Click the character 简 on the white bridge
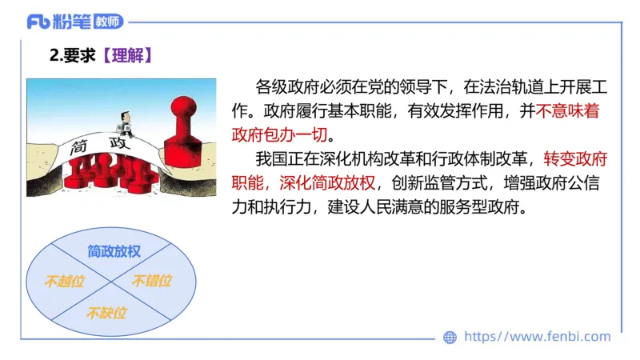(x=79, y=148)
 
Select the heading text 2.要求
(x=73, y=55)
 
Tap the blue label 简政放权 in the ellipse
(x=114, y=250)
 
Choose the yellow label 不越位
(x=64, y=281)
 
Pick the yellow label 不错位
(x=151, y=281)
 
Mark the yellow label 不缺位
(x=106, y=312)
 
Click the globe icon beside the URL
(x=450, y=337)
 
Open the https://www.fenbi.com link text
(x=537, y=337)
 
